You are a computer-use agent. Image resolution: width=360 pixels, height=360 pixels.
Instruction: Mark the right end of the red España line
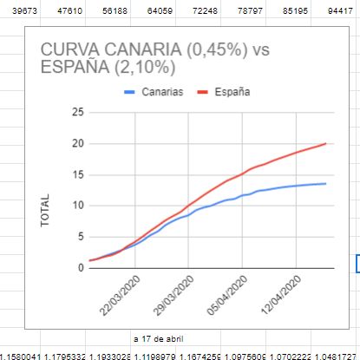click(325, 143)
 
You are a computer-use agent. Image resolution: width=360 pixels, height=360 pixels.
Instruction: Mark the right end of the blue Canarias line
click(325, 183)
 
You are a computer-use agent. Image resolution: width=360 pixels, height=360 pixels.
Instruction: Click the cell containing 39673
click(18, 10)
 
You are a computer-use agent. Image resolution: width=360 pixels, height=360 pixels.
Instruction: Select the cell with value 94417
click(344, 10)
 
